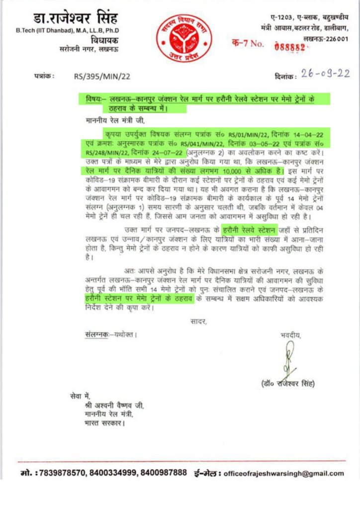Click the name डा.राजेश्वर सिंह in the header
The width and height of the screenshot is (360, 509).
(x=77, y=19)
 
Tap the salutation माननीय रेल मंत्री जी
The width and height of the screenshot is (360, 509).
(x=113, y=120)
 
